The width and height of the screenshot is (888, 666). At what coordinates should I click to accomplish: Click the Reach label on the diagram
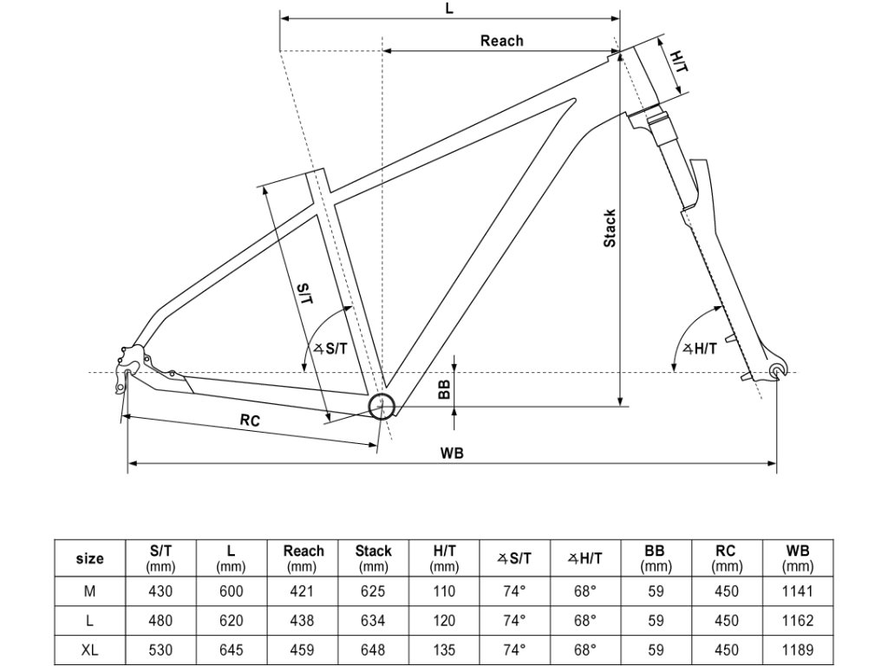tap(501, 40)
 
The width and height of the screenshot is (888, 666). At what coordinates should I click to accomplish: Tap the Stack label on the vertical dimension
tap(610, 228)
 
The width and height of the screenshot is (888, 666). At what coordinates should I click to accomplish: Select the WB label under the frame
tap(452, 453)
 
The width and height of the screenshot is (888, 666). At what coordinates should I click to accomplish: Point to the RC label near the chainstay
tap(251, 421)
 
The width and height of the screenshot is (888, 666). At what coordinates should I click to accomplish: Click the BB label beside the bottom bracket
tap(444, 391)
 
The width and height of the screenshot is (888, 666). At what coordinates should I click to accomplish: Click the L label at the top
tap(449, 8)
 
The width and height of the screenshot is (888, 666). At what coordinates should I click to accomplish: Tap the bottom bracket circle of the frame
tap(382, 406)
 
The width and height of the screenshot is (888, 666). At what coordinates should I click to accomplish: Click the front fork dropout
tap(778, 371)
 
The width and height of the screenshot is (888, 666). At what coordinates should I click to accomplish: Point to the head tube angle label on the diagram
tap(701, 349)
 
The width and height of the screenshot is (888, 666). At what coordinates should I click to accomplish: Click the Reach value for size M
tap(304, 591)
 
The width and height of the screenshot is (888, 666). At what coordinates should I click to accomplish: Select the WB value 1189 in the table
tap(796, 650)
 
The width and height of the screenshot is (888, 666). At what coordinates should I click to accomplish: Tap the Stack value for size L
tap(373, 621)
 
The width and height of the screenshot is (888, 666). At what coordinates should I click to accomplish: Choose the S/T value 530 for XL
tap(161, 650)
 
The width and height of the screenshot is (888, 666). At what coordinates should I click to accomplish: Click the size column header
tap(90, 558)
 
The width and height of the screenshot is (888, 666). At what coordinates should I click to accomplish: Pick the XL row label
tap(90, 650)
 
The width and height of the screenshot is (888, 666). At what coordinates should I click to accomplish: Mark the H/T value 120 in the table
tap(444, 621)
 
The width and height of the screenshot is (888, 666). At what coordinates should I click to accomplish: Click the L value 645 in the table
tap(231, 650)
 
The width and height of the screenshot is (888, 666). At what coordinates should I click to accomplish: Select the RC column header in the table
tap(726, 558)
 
